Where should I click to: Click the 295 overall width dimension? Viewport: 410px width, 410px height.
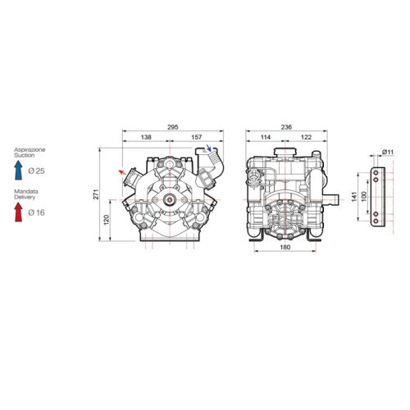pyautogui.click(x=173, y=127)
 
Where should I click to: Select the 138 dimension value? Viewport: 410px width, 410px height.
pyautogui.click(x=146, y=137)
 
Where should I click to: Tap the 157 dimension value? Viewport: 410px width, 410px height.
pyautogui.click(x=197, y=137)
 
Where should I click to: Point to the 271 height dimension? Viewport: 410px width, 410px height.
pyautogui.click(x=97, y=194)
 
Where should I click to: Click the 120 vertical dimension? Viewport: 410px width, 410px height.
pyautogui.click(x=107, y=220)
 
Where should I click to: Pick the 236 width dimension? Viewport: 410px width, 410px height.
pyautogui.click(x=286, y=127)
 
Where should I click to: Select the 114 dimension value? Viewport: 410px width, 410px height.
pyautogui.click(x=266, y=137)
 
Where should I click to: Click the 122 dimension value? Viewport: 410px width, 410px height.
pyautogui.click(x=306, y=137)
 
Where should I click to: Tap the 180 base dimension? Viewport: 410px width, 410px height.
pyautogui.click(x=285, y=247)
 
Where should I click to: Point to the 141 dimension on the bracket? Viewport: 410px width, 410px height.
pyautogui.click(x=354, y=197)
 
